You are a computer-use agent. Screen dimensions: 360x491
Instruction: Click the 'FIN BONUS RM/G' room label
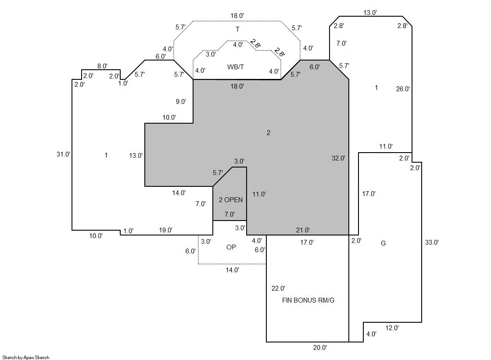click(x=308, y=300)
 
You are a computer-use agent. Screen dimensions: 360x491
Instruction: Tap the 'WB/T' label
click(x=235, y=67)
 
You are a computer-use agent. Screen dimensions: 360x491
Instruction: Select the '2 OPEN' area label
click(x=230, y=200)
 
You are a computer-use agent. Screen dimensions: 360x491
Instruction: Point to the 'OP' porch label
click(x=231, y=247)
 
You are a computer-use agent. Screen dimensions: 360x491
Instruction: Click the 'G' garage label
click(x=383, y=243)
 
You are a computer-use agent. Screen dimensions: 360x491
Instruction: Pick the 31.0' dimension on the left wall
click(x=63, y=154)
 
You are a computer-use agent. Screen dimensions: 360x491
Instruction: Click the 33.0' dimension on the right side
click(x=432, y=242)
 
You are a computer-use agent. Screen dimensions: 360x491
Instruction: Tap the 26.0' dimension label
click(x=403, y=89)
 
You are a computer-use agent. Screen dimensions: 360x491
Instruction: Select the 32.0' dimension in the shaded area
click(x=338, y=158)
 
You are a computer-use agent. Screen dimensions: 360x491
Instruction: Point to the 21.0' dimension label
click(x=303, y=230)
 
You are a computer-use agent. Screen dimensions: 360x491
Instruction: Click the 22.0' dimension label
click(x=278, y=289)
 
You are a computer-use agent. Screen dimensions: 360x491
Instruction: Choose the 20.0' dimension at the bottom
click(x=319, y=348)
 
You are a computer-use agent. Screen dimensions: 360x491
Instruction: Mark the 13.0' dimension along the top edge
click(x=370, y=13)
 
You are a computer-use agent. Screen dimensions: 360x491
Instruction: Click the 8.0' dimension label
click(x=102, y=66)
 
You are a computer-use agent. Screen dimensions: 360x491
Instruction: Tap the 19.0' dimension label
click(x=165, y=230)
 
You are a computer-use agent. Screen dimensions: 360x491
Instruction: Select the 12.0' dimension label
click(x=392, y=328)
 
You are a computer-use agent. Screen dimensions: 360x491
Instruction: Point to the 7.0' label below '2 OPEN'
click(x=229, y=214)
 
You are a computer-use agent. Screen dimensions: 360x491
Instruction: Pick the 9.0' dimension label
click(x=181, y=102)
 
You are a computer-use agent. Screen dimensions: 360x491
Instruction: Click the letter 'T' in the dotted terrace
click(x=237, y=29)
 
